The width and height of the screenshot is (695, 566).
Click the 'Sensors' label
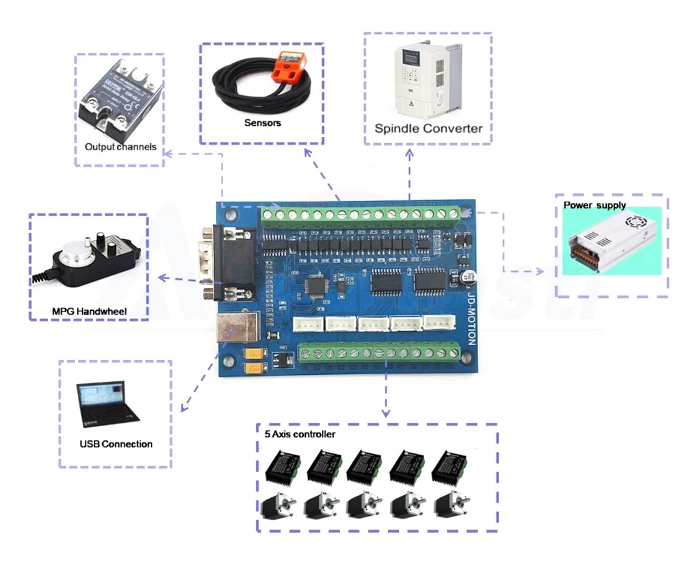coord(263,123)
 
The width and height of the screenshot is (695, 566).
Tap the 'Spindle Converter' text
coord(428,129)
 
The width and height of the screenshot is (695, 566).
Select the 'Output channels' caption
coord(120,147)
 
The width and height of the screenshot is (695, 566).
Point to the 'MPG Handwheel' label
coord(89,311)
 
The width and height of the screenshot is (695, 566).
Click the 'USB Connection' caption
coord(116,444)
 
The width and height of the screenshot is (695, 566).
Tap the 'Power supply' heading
coord(594,206)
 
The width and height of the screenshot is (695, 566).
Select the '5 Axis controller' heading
coord(300,435)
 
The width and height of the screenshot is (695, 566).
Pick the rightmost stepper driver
coord(452,466)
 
